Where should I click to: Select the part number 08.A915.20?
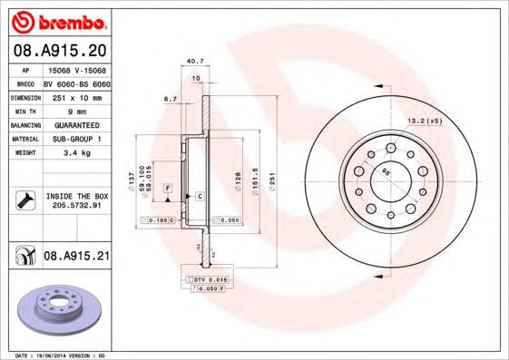pyautogui.click(x=59, y=50)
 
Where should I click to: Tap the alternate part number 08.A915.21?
pyautogui.click(x=76, y=257)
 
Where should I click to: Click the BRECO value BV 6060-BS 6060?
pyautogui.click(x=76, y=82)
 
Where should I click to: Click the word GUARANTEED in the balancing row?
pyautogui.click(x=76, y=124)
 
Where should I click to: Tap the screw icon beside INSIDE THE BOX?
pyautogui.click(x=24, y=200)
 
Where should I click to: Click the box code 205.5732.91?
pyautogui.click(x=76, y=206)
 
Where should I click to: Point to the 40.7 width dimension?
pyautogui.click(x=193, y=63)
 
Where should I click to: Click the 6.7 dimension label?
pyautogui.click(x=169, y=98)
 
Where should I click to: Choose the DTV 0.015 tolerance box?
pyautogui.click(x=209, y=280)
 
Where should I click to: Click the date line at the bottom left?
pyautogui.click(x=62, y=355)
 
